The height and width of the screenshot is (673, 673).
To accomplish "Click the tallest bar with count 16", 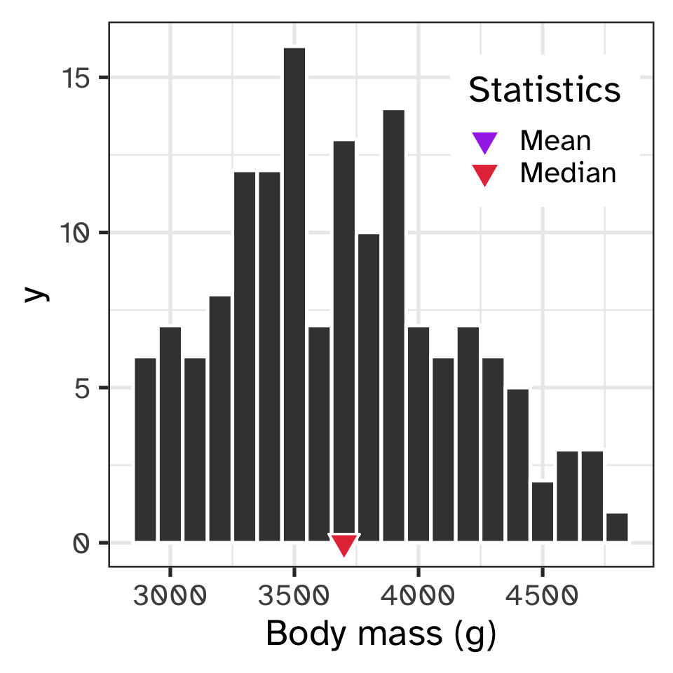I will pyautogui.click(x=294, y=294).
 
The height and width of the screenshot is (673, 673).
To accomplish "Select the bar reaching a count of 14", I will pyautogui.click(x=393, y=325).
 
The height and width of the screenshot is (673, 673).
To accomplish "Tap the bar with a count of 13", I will pyautogui.click(x=344, y=341).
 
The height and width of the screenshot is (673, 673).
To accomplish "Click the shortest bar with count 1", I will pyautogui.click(x=617, y=527).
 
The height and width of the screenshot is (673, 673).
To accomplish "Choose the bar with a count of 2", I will pyautogui.click(x=543, y=512).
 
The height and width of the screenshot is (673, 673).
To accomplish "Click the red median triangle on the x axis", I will pyautogui.click(x=344, y=544).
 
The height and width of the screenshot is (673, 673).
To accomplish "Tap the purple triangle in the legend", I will pyautogui.click(x=484, y=142).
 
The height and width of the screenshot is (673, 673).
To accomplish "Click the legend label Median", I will pyautogui.click(x=568, y=172).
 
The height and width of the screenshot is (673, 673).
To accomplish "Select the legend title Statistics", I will pyautogui.click(x=544, y=90).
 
